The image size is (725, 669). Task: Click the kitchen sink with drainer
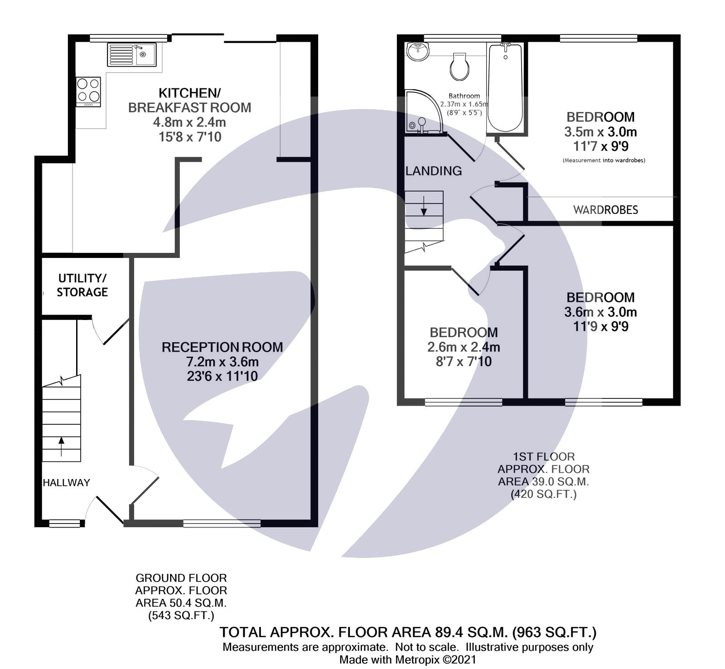pos(131,54)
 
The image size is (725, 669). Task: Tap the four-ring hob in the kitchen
pos(88,90)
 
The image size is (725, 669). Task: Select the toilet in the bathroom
pos(459,66)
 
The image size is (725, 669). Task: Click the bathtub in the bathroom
pos(504,88)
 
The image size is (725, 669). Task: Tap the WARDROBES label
pos(605,210)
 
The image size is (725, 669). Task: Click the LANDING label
pos(434,171)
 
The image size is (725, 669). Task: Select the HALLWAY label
pos(66,483)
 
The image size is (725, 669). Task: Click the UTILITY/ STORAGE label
pos(82,285)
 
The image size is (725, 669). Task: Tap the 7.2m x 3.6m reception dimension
pos(222,362)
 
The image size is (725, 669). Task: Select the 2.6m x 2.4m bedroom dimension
pos(463,347)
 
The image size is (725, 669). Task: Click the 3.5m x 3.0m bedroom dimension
pos(600,132)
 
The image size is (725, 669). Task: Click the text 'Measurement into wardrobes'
pos(604,160)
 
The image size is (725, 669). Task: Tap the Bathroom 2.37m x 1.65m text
pos(464,104)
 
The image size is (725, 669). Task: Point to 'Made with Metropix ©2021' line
pos(407,659)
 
